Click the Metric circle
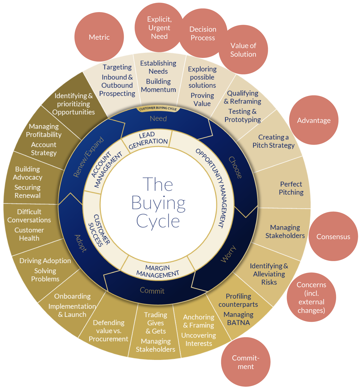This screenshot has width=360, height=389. pyautogui.click(x=99, y=37)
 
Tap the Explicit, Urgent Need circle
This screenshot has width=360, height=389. pyautogui.click(x=159, y=28)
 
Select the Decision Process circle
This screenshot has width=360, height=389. pyautogui.click(x=203, y=33)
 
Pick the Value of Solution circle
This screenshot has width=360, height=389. pyautogui.click(x=243, y=50)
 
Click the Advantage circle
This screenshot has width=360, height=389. pyautogui.click(x=314, y=120)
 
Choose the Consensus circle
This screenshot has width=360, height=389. pyautogui.click(x=334, y=236)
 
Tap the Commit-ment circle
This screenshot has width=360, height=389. pyautogui.click(x=246, y=362)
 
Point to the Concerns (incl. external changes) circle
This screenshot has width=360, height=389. pyautogui.click(x=311, y=297)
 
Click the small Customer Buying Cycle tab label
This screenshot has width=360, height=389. pyautogui.click(x=158, y=108)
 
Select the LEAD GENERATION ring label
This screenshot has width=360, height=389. pyautogui.click(x=148, y=141)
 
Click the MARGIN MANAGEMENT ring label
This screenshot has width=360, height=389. pyautogui.click(x=158, y=271)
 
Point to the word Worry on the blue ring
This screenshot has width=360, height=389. pyautogui.click(x=228, y=254)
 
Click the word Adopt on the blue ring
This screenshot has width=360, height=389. pyautogui.click(x=80, y=243)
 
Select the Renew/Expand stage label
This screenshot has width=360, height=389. pyautogui.click(x=88, y=157)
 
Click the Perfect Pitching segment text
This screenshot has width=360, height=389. pyautogui.click(x=291, y=188)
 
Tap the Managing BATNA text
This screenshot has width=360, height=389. pyautogui.click(x=239, y=318)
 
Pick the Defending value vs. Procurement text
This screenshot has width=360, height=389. pyautogui.click(x=109, y=331)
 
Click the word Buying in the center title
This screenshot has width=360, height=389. pyautogui.click(x=158, y=203)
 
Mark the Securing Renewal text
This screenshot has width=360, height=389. pyautogui.click(x=28, y=191)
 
